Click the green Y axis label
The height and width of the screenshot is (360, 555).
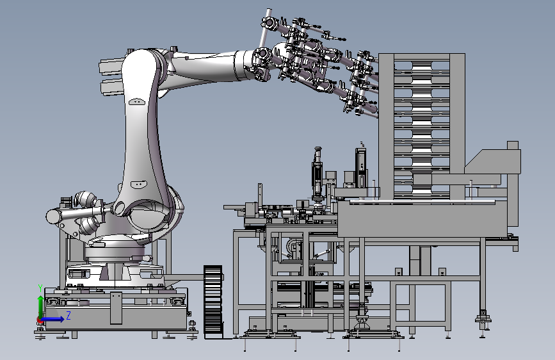tap(40, 288)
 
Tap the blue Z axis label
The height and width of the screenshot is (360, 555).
tap(68, 315)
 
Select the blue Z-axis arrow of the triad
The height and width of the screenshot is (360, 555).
tap(52, 319)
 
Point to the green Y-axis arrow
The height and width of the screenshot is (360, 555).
tap(41, 307)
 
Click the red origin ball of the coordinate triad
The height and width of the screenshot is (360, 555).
tap(40, 320)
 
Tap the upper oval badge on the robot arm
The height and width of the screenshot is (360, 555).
tap(138, 102)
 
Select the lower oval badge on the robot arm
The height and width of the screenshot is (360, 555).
tap(139, 184)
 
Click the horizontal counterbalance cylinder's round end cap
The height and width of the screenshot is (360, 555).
tap(53, 217)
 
